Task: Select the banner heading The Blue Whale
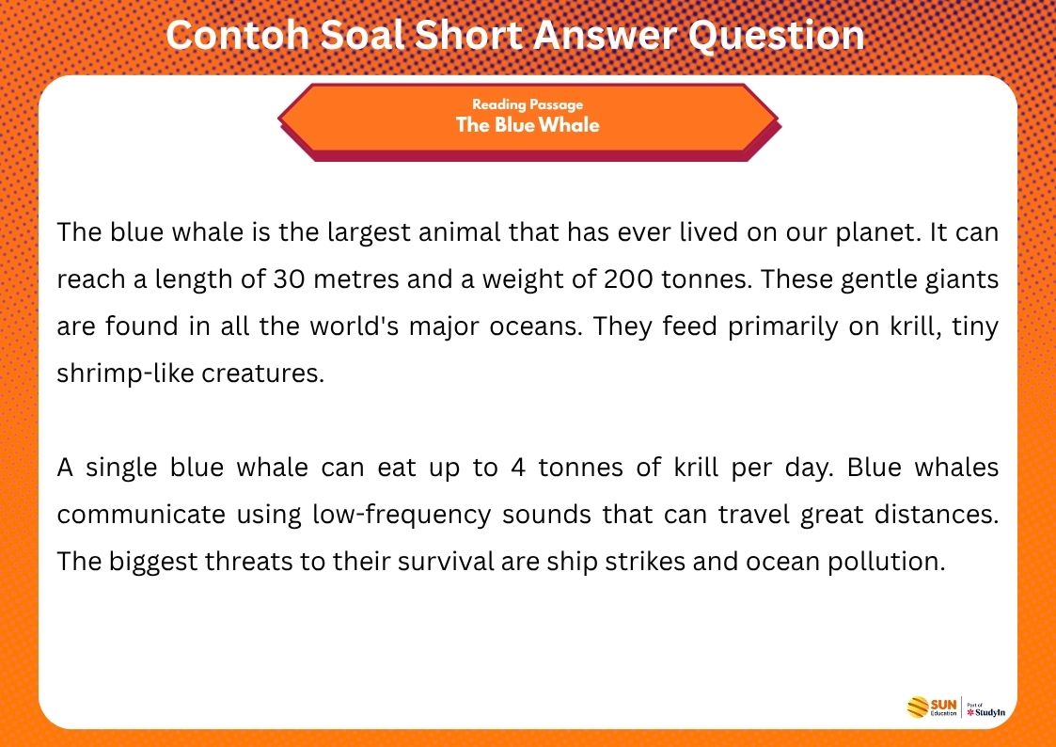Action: [x=528, y=124]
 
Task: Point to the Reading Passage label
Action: [x=528, y=105]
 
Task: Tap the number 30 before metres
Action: [x=286, y=279]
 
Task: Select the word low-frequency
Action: [x=403, y=515]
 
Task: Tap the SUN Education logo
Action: [x=932, y=707]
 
